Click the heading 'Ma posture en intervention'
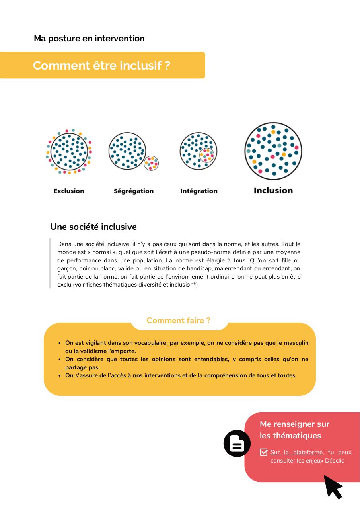(89, 39)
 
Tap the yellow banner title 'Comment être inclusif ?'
(101, 65)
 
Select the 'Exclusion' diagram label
(69, 191)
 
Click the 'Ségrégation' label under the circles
(134, 191)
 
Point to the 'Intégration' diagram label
(199, 191)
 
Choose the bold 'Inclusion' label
(273, 191)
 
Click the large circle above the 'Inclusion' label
(273, 151)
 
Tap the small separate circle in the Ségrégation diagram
(151, 163)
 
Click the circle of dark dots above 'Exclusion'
(69, 151)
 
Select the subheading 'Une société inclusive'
(93, 227)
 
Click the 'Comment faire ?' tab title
(178, 320)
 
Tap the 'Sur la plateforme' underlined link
(297, 452)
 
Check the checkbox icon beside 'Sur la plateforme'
(263, 452)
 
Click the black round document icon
(237, 443)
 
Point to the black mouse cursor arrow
(333, 487)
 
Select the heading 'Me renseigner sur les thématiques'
(294, 430)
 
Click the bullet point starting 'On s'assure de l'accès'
(180, 375)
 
